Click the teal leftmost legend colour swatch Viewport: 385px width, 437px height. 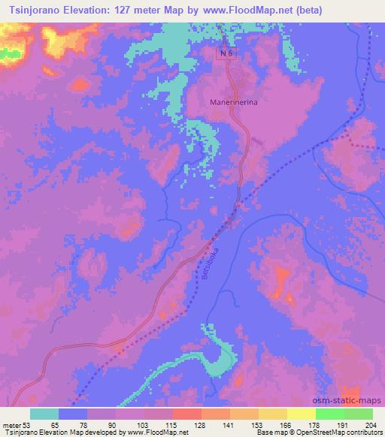point(45,414)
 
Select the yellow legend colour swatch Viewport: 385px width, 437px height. point(302,414)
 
